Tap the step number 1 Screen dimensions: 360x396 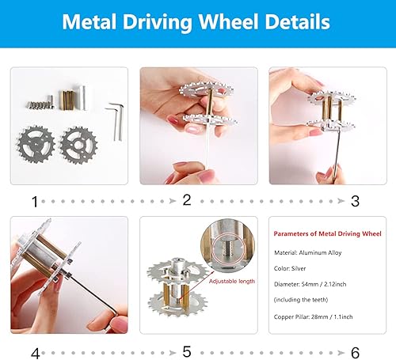pyautogui.click(x=34, y=201)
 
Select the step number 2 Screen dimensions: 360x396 pyautogui.click(x=187, y=201)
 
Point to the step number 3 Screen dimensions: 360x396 pyautogui.click(x=355, y=201)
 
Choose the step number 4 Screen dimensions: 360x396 pyautogui.click(x=34, y=351)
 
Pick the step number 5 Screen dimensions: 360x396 pyautogui.click(x=187, y=351)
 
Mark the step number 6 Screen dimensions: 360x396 pyautogui.click(x=355, y=351)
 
